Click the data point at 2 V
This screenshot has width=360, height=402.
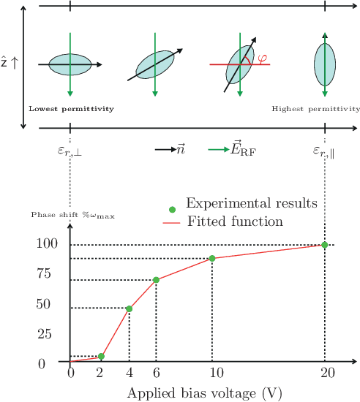click(101, 357)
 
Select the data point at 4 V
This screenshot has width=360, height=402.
click(130, 308)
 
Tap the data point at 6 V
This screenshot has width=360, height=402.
click(156, 280)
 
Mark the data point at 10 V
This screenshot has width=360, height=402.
click(212, 258)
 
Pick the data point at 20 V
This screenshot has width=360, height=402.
click(325, 244)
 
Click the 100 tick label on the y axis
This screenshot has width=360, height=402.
click(45, 244)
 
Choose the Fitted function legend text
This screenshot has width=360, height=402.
click(236, 220)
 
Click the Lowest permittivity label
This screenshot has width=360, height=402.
click(71, 109)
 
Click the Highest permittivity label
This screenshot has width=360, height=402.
click(315, 109)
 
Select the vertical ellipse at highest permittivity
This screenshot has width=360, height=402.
click(325, 64)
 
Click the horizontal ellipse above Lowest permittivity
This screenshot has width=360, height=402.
click(70, 64)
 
